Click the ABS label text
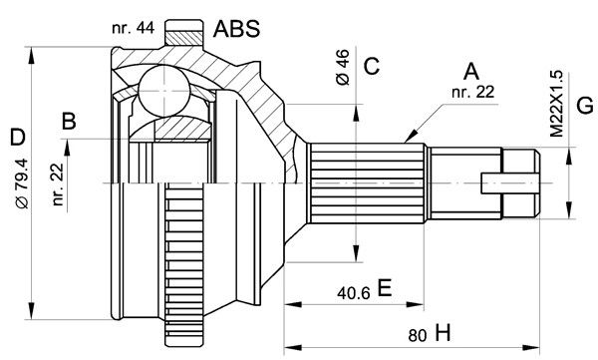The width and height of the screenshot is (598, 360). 236,28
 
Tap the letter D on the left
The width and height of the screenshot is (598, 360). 18,138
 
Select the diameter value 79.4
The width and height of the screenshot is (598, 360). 22,183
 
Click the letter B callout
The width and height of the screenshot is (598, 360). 69,122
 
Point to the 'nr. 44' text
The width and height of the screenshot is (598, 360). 134,28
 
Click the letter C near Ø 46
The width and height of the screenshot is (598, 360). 372,66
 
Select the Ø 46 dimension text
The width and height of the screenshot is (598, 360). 343,67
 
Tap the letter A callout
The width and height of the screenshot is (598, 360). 471,72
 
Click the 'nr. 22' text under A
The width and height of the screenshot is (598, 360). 472,92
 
